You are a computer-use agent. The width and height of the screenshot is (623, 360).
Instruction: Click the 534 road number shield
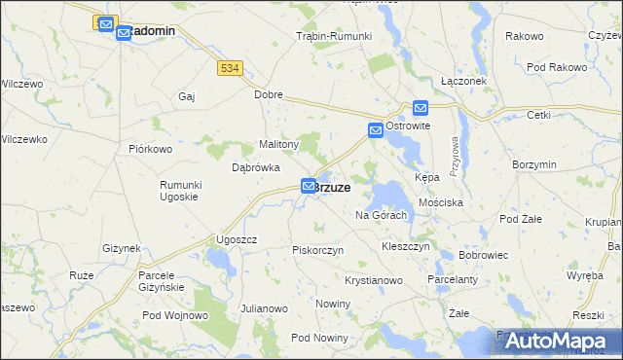tap(230, 68)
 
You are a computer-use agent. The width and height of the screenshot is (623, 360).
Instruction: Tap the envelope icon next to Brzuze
tap(309, 185)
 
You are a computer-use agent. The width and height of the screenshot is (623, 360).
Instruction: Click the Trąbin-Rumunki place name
tap(334, 36)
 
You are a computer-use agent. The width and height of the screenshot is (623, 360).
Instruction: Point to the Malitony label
tap(278, 144)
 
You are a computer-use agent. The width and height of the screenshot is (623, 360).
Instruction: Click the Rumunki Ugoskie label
tap(179, 191)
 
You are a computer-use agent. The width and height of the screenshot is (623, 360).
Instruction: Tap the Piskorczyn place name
tap(319, 250)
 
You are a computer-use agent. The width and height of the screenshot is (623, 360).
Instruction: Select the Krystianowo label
tap(374, 280)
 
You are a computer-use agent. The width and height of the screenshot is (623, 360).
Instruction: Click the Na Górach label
tap(381, 215)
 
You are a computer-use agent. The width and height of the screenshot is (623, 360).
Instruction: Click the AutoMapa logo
tap(557, 341)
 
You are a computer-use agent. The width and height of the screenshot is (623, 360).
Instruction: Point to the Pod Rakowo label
tap(557, 67)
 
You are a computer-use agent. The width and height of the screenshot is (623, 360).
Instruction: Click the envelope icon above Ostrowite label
tap(420, 109)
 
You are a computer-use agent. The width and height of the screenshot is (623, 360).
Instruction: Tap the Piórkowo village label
tap(150, 149)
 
